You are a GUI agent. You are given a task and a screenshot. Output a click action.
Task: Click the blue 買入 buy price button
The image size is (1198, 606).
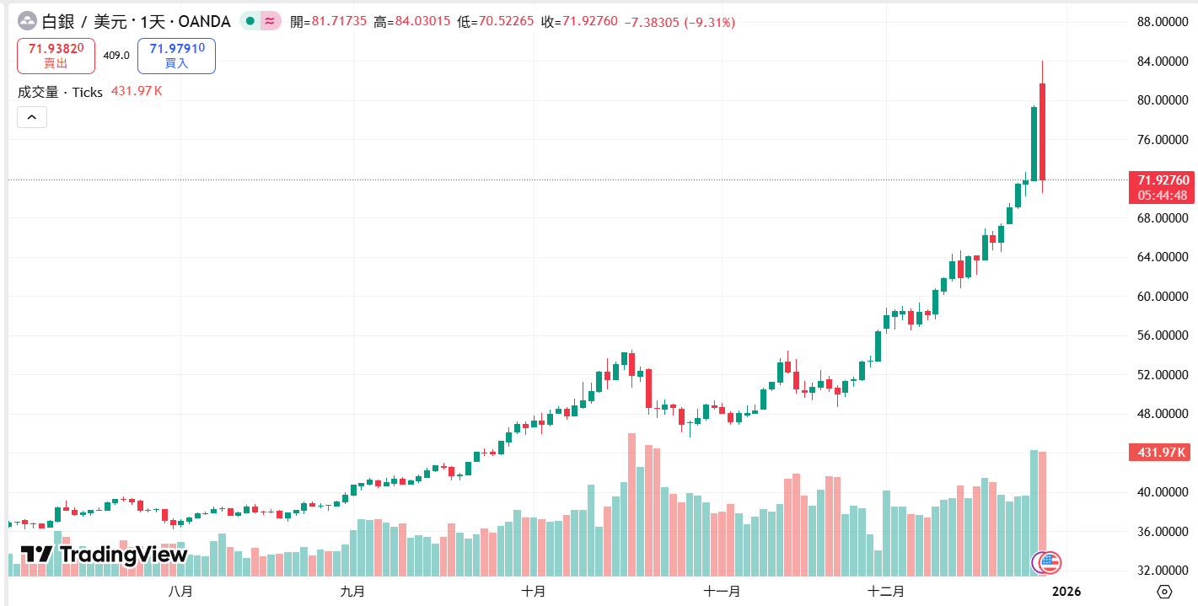pos(176,56)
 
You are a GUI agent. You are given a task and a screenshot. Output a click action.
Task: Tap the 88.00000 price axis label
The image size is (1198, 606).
pos(1162,22)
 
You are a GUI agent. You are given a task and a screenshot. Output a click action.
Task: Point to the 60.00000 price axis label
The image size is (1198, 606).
pos(1162,297)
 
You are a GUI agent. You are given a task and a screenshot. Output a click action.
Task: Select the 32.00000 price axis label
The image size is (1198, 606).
pos(1162,571)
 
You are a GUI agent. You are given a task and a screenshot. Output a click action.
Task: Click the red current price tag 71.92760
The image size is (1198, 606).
pos(1163,180)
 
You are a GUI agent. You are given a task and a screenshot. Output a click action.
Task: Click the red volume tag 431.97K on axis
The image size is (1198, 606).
pos(1162,453)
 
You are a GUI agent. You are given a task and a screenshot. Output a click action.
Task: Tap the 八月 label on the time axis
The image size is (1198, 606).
pos(180,591)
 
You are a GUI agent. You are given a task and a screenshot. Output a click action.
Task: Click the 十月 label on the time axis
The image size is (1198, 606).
pos(533,591)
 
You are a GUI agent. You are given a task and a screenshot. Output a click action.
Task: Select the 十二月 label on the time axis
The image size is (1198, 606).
pos(886,591)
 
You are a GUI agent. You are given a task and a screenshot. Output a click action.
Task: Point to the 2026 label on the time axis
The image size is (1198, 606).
pos(1066,591)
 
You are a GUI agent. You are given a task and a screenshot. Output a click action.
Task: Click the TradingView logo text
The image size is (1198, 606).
pos(105,555)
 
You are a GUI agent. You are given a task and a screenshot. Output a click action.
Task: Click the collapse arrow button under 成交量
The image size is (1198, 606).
pos(32,118)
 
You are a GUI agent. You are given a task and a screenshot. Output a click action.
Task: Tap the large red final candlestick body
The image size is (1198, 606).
pos(1043,131)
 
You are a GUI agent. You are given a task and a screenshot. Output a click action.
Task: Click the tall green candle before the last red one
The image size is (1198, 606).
pos(1034,143)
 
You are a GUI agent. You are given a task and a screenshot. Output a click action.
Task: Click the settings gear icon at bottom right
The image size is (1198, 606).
pos(1165,591)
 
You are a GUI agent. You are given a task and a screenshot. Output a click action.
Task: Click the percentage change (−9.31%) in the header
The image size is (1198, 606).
pos(709,22)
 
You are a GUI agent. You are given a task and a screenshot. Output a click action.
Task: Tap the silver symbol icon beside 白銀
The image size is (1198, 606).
pos(28,22)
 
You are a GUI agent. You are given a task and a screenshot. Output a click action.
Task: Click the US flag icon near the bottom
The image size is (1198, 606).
pos(1050,562)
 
